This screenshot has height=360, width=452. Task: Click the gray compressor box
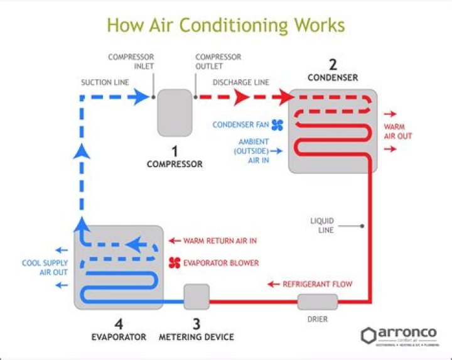(175, 112)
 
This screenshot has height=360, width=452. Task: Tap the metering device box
(196, 297)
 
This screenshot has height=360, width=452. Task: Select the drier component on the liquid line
(317, 302)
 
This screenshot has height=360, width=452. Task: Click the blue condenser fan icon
(277, 124)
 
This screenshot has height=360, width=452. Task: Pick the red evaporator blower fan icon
(175, 263)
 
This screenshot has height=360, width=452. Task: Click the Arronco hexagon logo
(369, 335)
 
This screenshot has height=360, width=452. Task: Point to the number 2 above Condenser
(333, 64)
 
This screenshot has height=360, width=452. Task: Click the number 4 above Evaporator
(119, 324)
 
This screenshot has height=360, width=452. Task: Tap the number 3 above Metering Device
(196, 324)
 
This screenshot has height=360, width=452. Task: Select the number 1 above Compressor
(175, 151)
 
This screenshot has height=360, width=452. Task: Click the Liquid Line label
(322, 226)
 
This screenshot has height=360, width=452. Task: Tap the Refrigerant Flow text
(317, 284)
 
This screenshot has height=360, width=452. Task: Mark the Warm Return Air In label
(220, 241)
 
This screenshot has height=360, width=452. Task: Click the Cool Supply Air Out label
(45, 268)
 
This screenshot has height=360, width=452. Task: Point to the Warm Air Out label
(398, 131)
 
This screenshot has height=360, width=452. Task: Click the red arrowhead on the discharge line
(242, 97)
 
